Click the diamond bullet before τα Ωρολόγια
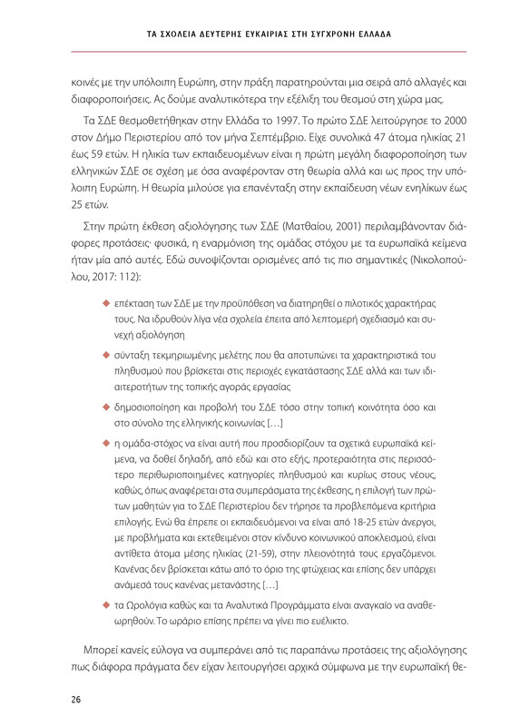tap(105, 613)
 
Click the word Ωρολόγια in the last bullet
tap(150, 613)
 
